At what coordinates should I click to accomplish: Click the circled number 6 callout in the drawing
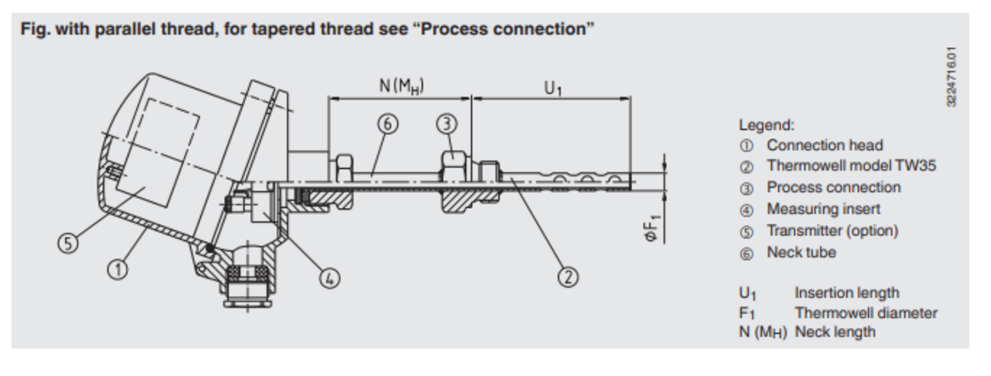tap(388, 123)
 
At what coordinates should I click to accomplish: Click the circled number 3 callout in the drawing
tap(447, 123)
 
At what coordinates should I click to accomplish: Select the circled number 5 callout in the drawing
tap(68, 242)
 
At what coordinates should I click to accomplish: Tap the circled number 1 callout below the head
tap(118, 269)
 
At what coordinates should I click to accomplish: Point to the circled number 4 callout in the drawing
tap(330, 278)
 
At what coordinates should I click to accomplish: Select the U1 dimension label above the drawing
tap(552, 87)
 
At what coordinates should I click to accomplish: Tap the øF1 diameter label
tap(651, 225)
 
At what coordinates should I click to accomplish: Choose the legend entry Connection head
tap(825, 145)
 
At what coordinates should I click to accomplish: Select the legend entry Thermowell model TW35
tap(851, 166)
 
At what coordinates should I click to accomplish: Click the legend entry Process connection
tap(833, 187)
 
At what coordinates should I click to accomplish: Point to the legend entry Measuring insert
tap(823, 209)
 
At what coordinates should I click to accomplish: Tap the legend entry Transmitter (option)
tap(832, 231)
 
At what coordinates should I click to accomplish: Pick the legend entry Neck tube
tap(801, 253)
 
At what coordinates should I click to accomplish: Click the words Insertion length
tap(846, 292)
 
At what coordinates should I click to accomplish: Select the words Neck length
tap(835, 332)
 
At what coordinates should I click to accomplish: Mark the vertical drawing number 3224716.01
tap(951, 76)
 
